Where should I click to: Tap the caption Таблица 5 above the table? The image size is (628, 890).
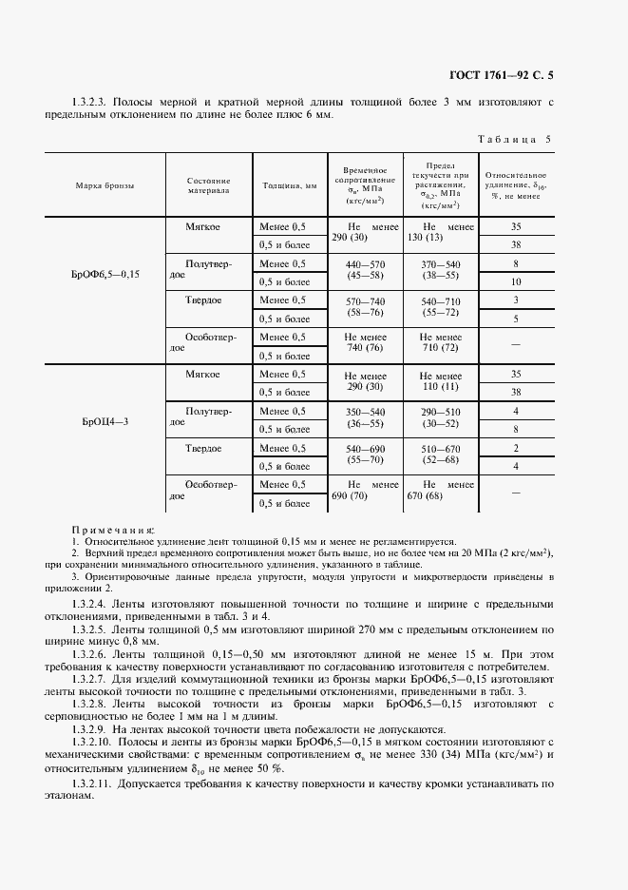point(513,139)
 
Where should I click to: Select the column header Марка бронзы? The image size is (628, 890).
point(105,185)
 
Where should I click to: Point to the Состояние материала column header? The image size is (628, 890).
point(208,185)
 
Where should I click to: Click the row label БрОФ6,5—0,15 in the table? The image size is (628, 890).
point(105,274)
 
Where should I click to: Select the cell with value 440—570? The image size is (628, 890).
point(365,263)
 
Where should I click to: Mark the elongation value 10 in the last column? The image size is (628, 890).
point(516,282)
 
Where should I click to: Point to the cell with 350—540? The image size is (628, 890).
point(365,411)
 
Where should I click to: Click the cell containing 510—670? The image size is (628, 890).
point(440,447)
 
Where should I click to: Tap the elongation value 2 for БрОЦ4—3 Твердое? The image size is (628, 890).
point(516,448)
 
